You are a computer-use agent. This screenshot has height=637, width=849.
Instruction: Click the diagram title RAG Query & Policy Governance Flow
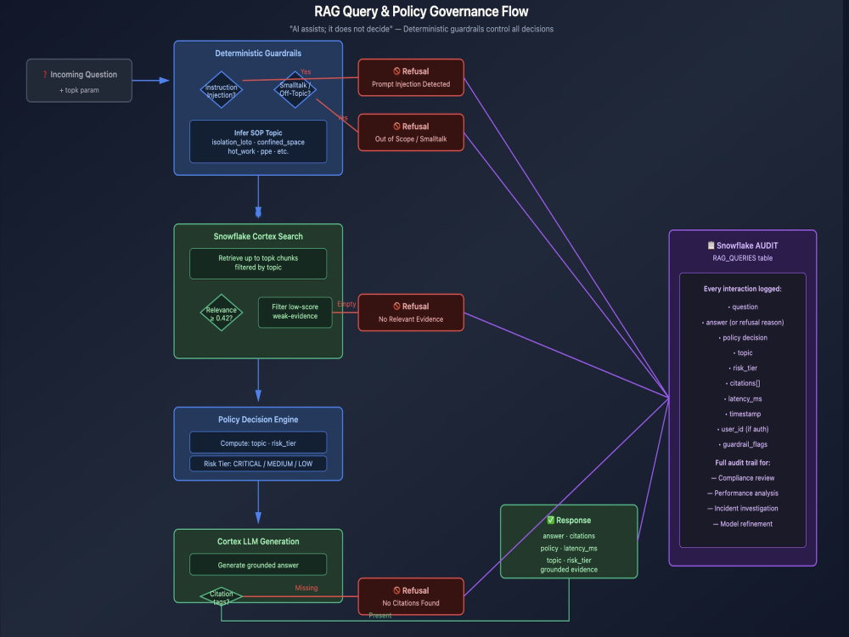421,11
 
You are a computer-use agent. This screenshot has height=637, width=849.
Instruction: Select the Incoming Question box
79,81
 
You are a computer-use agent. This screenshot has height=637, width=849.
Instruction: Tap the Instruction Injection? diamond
222,90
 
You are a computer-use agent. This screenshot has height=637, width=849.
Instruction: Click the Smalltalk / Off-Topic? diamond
295,89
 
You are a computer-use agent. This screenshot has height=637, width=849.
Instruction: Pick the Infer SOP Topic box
258,141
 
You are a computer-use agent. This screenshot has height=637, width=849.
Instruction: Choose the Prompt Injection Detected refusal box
411,77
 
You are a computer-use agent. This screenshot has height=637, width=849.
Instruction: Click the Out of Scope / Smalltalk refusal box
411,132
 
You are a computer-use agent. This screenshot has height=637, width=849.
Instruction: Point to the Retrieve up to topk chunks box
258,263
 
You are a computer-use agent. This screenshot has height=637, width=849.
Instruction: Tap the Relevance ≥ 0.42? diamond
222,313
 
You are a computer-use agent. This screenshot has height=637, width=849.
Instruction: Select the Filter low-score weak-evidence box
295,312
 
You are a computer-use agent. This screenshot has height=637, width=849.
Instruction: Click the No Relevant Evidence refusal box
411,313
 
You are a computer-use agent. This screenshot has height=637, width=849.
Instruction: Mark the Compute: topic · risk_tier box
258,443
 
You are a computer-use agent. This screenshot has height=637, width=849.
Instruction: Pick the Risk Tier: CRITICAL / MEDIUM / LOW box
258,464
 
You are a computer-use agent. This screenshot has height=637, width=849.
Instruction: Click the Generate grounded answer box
258,565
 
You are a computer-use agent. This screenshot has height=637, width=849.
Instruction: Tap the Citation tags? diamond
222,597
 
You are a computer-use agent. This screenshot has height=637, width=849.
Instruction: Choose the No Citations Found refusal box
411,596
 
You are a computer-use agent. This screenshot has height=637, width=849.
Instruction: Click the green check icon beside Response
551,520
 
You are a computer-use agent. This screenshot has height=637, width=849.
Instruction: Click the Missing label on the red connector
306,588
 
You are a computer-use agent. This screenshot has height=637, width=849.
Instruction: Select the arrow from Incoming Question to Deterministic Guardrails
151,81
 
